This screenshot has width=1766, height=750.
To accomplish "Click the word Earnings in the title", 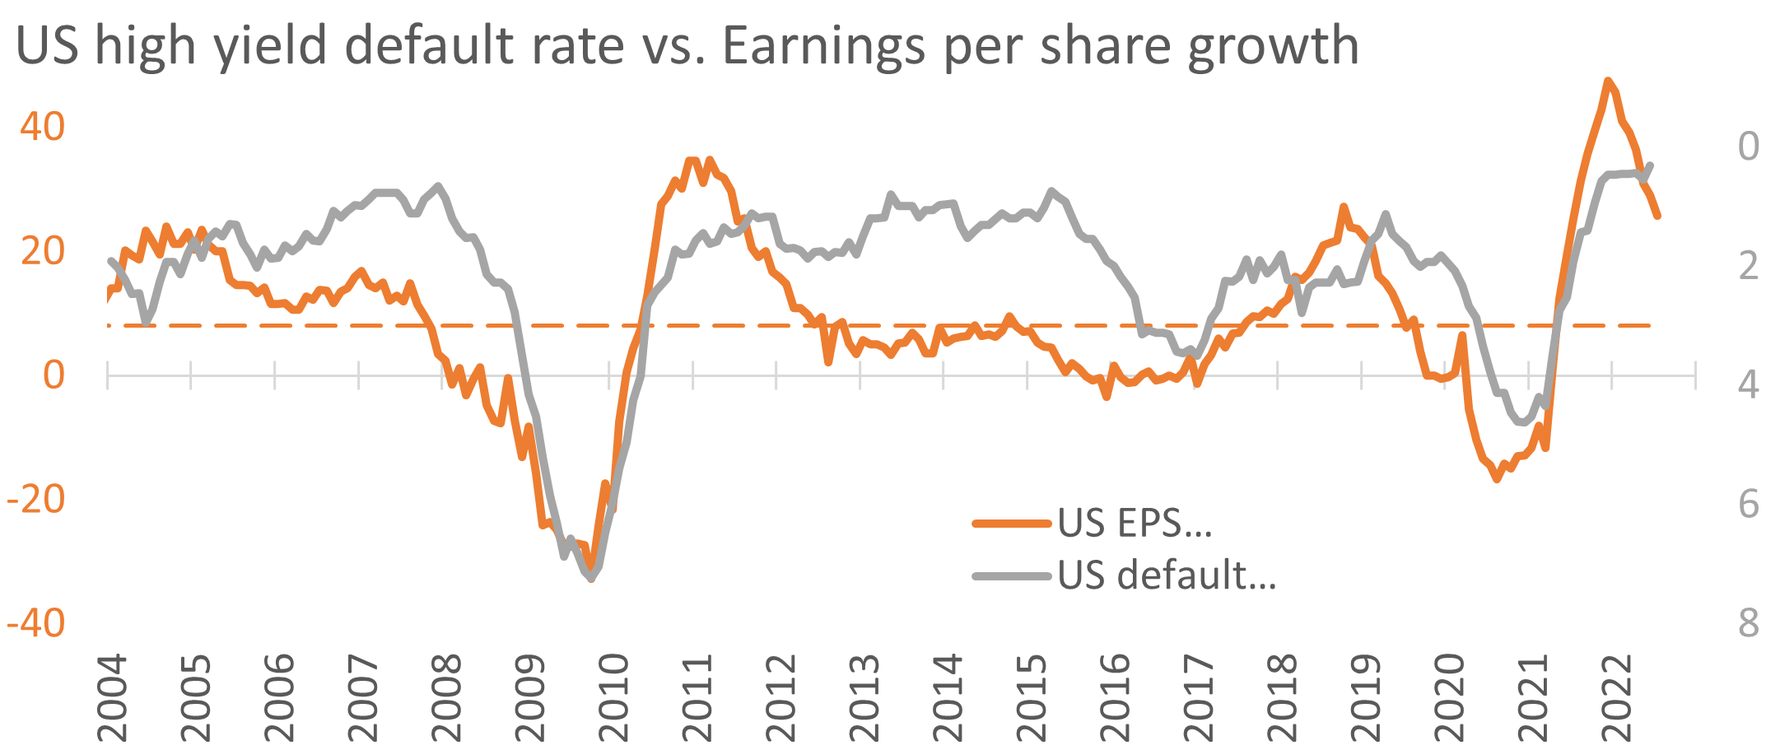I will pyautogui.click(x=824, y=47).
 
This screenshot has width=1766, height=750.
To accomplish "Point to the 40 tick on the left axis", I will pyautogui.click(x=43, y=127).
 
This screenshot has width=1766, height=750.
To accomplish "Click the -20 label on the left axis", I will pyautogui.click(x=36, y=499).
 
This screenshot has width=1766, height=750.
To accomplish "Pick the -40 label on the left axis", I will pyautogui.click(x=36, y=623).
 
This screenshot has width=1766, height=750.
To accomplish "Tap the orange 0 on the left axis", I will pyautogui.click(x=54, y=375).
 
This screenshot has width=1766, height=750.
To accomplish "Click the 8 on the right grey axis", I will pyautogui.click(x=1748, y=623).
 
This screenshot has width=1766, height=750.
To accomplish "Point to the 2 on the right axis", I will pyautogui.click(x=1748, y=266).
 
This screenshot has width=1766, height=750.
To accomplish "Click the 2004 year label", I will pyautogui.click(x=113, y=698).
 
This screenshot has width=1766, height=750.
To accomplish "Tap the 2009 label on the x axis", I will pyautogui.click(x=530, y=698).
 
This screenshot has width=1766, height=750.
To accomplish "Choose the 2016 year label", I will pyautogui.click(x=1115, y=698).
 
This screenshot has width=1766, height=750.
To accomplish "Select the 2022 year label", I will pyautogui.click(x=1616, y=698).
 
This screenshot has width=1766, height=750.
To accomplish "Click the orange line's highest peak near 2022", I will pyautogui.click(x=1607, y=81).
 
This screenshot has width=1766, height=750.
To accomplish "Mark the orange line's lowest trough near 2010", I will pyautogui.click(x=591, y=579).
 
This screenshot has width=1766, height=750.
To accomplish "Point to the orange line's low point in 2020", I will pyautogui.click(x=1497, y=479).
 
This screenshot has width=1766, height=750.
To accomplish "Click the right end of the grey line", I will pyautogui.click(x=1651, y=165).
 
